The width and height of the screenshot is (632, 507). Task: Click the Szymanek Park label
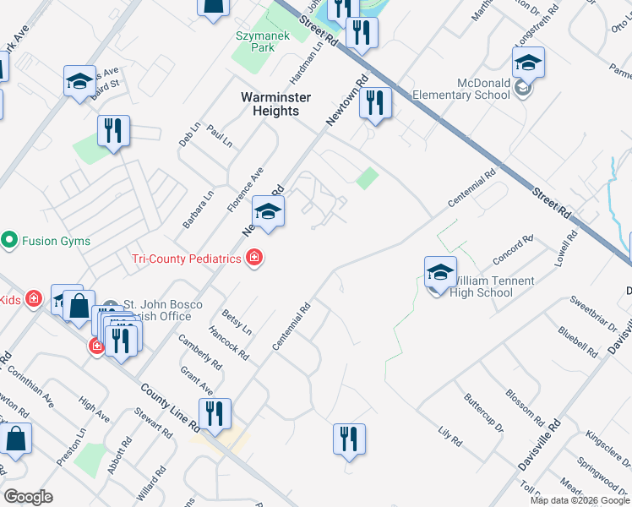pos(255,41)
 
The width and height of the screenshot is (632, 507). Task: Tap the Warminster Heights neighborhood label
pos(275,104)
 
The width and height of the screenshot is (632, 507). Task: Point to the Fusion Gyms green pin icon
pos(9,241)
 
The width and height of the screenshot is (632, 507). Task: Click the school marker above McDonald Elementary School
pos(528,63)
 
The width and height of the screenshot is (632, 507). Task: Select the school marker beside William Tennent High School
pos(440,272)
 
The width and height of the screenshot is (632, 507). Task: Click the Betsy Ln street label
pos(236,322)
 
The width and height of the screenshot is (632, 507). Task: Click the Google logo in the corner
pos(28,496)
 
